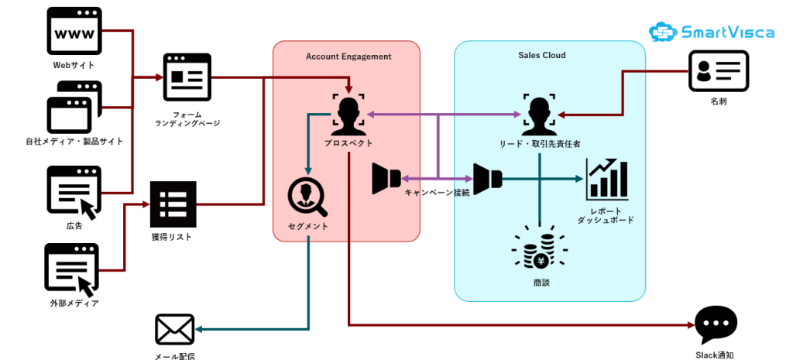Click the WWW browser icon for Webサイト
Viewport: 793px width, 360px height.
(x=74, y=31)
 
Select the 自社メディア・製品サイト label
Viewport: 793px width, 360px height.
(x=74, y=141)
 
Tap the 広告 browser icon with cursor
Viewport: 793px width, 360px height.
(x=74, y=190)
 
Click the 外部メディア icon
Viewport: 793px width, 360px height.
(x=73, y=269)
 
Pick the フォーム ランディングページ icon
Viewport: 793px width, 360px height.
(x=187, y=77)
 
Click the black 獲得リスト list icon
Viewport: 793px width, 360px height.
(x=173, y=204)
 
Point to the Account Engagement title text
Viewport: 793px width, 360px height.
(x=348, y=57)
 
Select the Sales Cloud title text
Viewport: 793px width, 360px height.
(x=542, y=56)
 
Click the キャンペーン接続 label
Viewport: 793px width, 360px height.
(x=437, y=193)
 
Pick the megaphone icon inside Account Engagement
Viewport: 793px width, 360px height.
(x=386, y=179)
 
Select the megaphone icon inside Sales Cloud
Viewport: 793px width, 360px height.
(x=488, y=179)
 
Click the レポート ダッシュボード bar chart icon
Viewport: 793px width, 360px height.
(x=606, y=178)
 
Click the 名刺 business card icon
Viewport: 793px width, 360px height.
(x=718, y=72)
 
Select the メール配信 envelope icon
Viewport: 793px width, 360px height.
(x=174, y=329)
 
